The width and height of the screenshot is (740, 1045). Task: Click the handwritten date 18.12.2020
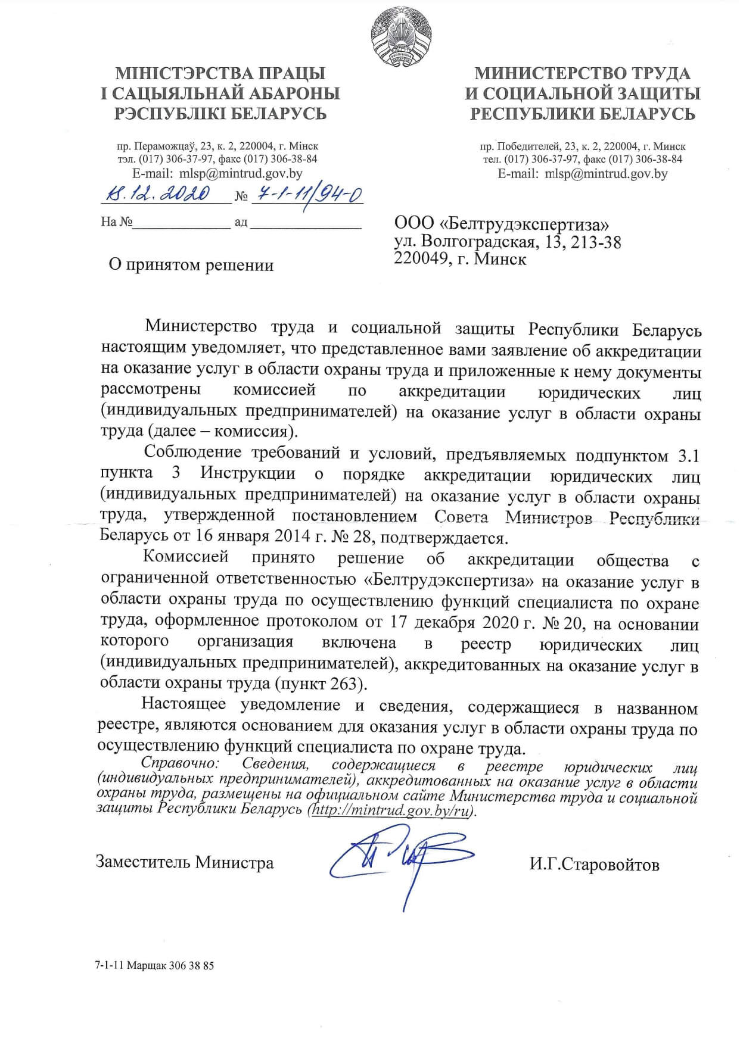tap(158, 194)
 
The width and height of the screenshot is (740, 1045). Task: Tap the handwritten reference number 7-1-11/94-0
tap(307, 193)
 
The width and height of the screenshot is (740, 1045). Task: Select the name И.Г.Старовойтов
tap(594, 864)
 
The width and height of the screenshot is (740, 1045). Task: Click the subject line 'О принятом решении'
tap(191, 265)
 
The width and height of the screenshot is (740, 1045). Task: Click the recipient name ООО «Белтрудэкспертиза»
tap(502, 224)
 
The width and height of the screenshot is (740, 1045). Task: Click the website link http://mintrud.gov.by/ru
tap(391, 811)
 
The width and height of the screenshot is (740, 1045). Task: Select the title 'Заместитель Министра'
tap(185, 862)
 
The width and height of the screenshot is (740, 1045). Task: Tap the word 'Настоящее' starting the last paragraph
tap(184, 705)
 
